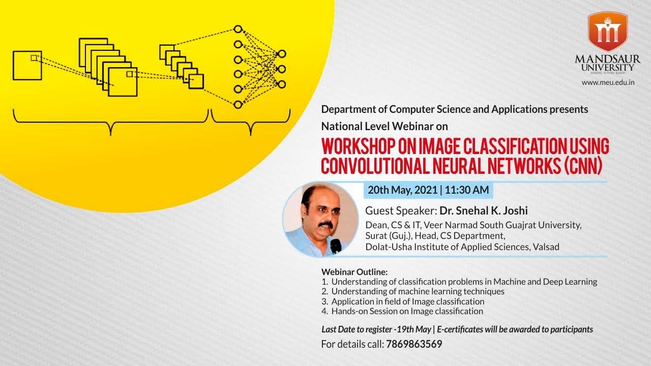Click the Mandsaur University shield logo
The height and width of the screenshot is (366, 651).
click(607, 32)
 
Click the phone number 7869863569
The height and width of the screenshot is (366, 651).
click(414, 344)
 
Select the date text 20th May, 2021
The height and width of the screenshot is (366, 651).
click(402, 190)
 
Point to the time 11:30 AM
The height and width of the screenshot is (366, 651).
click(466, 190)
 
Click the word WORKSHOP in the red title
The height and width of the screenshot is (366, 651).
click(356, 146)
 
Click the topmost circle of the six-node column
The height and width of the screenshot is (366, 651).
click(238, 29)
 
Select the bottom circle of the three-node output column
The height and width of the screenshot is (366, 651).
click(281, 84)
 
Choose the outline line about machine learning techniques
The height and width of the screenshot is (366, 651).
click(418, 291)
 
